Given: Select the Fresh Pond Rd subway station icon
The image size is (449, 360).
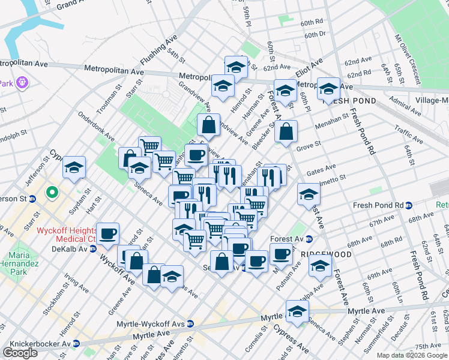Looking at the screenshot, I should pos(408,205).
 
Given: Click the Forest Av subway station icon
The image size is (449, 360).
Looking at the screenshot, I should pos(309,239).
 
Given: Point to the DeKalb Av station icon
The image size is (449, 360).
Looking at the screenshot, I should pos(93,248).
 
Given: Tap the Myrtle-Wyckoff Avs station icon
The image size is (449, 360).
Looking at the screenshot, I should pos(191,323).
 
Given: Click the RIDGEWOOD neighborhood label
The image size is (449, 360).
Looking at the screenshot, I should pos(327,254).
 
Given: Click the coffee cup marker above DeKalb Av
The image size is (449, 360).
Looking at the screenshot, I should pos(107,234).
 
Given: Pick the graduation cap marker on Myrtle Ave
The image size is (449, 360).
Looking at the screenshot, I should pos(297,311).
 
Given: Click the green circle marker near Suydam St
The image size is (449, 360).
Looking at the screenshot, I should pos(52,194).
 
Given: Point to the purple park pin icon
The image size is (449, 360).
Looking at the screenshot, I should pos(23,82).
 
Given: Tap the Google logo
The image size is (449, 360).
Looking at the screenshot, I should pos(20,353).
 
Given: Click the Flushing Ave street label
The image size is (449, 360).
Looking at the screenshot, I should pos(155,52).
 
